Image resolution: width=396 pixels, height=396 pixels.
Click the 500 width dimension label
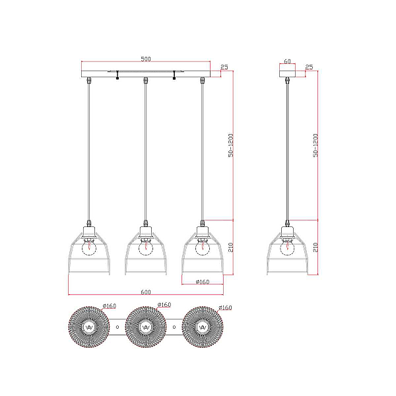[146, 59]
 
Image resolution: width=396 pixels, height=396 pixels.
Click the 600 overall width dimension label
[146, 292]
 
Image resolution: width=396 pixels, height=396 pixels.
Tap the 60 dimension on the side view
[287, 61]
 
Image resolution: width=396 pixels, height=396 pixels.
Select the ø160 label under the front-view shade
[203, 282]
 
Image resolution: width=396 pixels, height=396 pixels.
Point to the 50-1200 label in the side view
[315, 145]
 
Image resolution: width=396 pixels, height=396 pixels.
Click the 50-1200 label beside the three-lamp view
[231, 145]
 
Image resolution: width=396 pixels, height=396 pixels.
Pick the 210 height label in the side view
[315, 247]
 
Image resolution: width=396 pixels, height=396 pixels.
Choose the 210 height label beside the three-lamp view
[231, 247]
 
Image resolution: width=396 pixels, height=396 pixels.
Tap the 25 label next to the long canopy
[224, 67]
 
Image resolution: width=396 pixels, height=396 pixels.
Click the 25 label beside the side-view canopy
[309, 67]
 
